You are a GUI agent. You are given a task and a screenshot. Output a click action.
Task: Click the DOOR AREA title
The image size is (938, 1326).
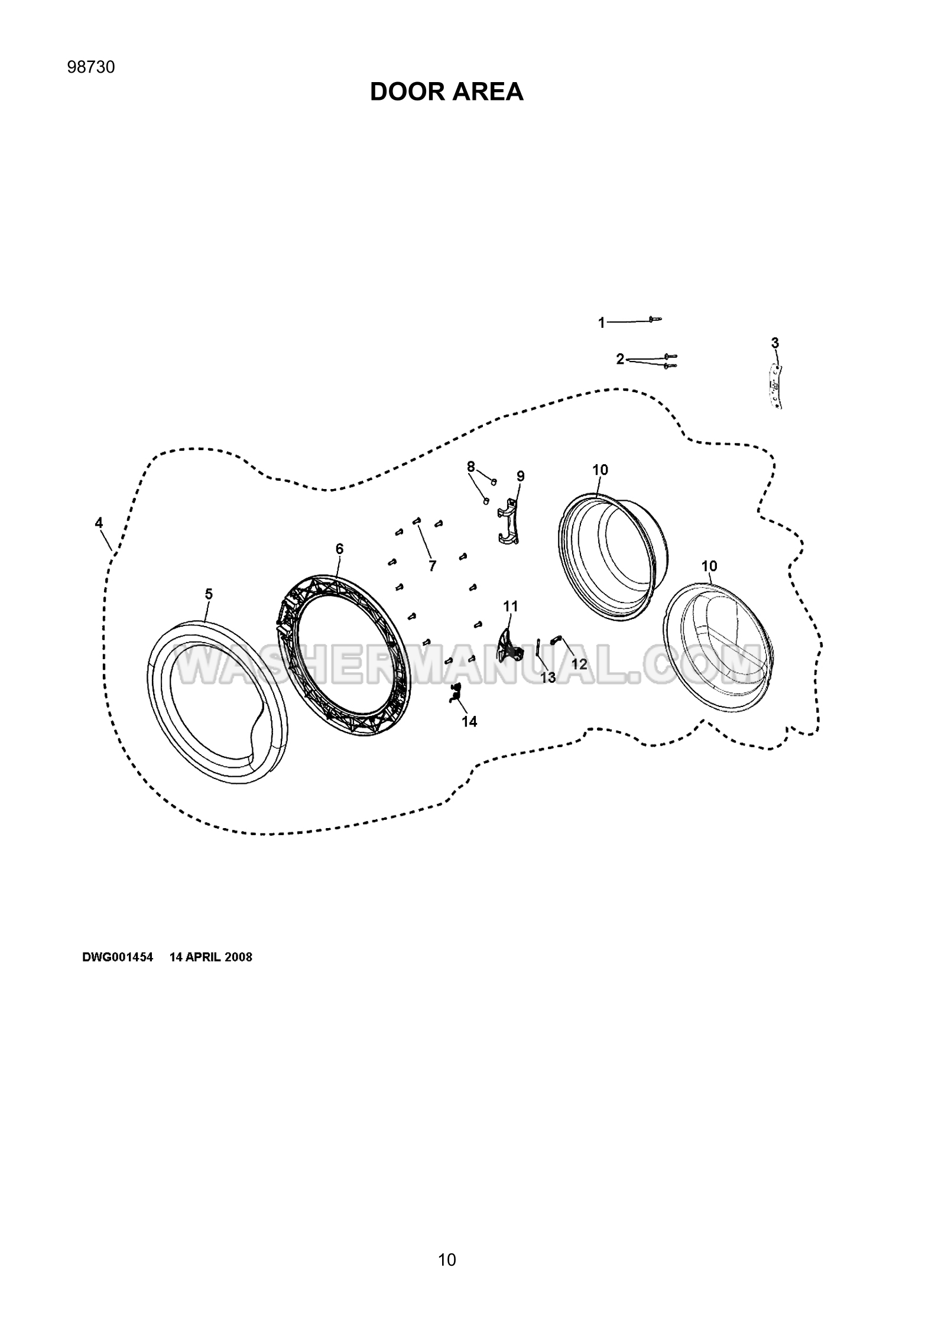[446, 92]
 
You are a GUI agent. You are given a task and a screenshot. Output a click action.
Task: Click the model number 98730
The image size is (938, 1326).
[91, 67]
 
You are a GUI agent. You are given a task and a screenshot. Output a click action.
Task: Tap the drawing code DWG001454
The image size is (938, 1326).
[118, 957]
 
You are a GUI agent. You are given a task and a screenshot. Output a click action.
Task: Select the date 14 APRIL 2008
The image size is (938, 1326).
[211, 957]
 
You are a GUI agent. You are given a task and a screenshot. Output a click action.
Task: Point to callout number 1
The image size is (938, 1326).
[602, 322]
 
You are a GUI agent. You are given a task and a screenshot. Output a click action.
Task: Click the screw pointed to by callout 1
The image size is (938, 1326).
[655, 320]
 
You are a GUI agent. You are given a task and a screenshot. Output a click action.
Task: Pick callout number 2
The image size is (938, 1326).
[620, 359]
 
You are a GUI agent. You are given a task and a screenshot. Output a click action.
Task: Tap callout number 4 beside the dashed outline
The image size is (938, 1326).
[99, 523]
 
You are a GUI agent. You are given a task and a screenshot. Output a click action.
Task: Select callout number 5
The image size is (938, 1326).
[209, 594]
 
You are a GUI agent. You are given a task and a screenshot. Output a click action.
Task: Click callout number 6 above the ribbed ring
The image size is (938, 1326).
[339, 549]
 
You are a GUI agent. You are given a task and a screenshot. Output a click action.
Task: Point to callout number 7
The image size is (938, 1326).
[433, 566]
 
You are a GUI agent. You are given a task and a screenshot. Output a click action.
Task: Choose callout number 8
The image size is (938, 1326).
[470, 467]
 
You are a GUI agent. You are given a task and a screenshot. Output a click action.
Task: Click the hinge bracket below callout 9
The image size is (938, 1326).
[508, 520]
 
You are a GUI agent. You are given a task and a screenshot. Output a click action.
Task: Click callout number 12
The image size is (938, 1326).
[579, 664]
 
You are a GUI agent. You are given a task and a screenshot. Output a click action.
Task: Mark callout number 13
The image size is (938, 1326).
[548, 677]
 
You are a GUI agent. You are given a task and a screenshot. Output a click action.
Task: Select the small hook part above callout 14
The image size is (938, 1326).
[455, 692]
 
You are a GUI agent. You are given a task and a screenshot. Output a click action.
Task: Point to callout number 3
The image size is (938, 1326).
[775, 343]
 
